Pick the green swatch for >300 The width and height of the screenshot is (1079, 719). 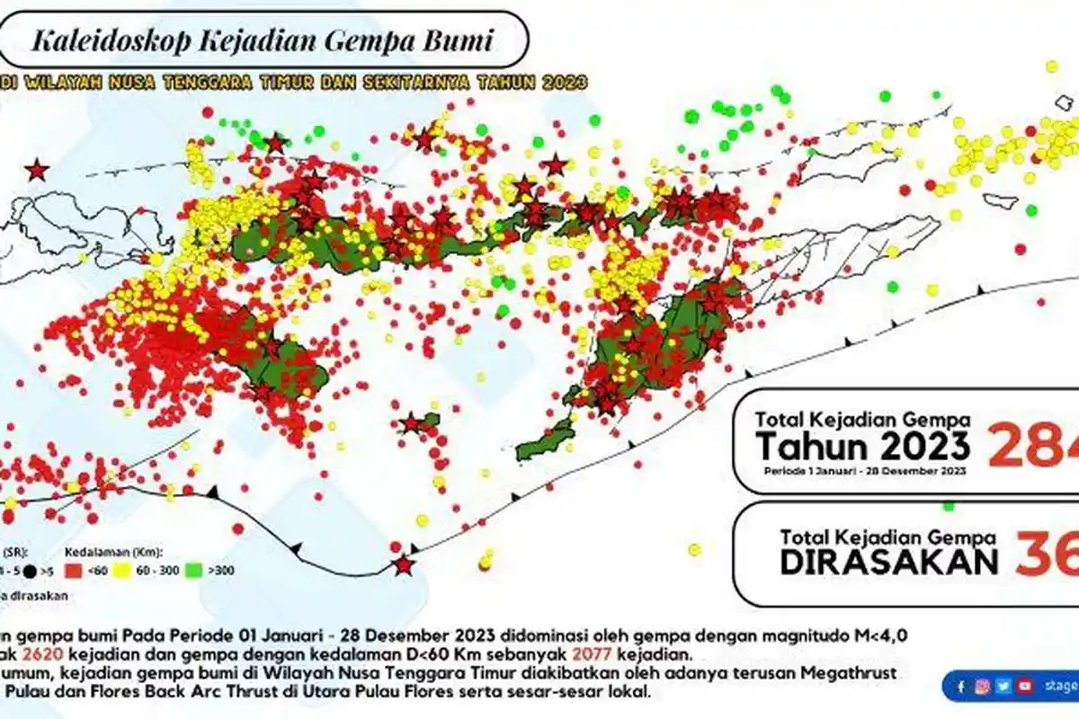pos(193,571)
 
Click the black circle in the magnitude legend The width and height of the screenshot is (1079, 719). pos(31,571)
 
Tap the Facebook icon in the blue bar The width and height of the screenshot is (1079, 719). pos(961,686)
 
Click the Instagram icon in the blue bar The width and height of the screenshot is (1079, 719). pos(983,686)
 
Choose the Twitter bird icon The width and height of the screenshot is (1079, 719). pos(1003,686)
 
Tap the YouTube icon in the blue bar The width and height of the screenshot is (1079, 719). pos(1025,686)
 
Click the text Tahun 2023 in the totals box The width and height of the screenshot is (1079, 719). pos(862,445)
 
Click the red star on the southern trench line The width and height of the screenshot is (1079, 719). pos(404,564)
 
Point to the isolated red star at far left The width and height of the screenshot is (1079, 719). pos(36,170)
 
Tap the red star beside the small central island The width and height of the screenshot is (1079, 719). pos(411,422)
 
